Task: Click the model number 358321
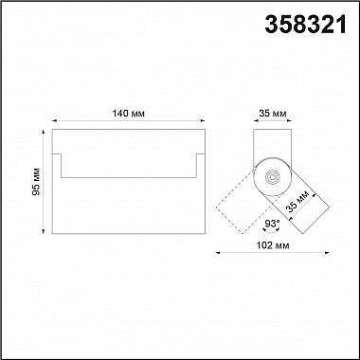306,25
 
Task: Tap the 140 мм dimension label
129,113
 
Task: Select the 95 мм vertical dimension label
37,181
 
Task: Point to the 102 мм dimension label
273,245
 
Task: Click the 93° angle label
272,224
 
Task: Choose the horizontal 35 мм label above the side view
273,113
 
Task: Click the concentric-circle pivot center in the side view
272,177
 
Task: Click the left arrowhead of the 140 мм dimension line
54,120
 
